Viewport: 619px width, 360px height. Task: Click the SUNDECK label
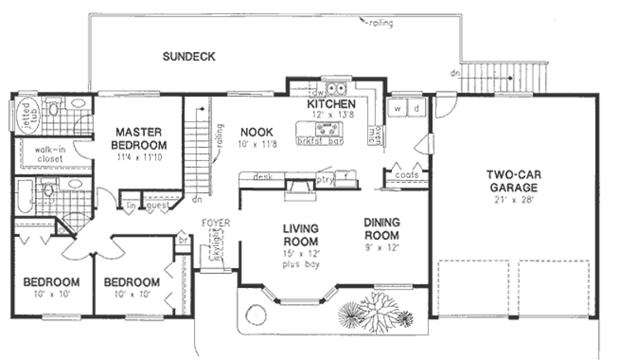point(189,56)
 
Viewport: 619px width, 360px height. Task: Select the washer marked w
point(397,108)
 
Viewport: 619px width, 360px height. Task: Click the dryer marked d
point(416,108)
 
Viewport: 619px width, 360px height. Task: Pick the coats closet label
point(406,175)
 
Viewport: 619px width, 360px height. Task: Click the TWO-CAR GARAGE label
point(512,181)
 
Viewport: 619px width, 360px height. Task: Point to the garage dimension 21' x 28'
point(512,199)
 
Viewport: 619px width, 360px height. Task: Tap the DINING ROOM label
point(382,229)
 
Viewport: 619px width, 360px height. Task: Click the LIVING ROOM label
point(300,234)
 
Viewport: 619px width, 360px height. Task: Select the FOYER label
point(215,223)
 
